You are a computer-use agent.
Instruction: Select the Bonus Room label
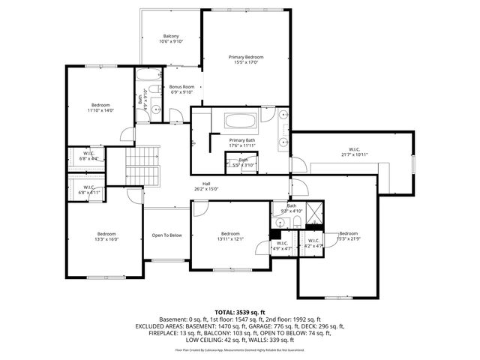coord(181,89)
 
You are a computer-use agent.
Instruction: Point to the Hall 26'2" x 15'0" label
coord(205,187)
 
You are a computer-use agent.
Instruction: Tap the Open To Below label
coord(166,235)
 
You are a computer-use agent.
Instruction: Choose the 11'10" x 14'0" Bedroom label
coord(101,107)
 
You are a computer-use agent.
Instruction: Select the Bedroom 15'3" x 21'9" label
coord(348,235)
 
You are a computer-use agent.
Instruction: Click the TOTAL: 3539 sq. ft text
coord(239,311)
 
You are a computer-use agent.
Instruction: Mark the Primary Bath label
coord(241,142)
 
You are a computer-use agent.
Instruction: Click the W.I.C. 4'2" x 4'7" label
coord(313,243)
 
